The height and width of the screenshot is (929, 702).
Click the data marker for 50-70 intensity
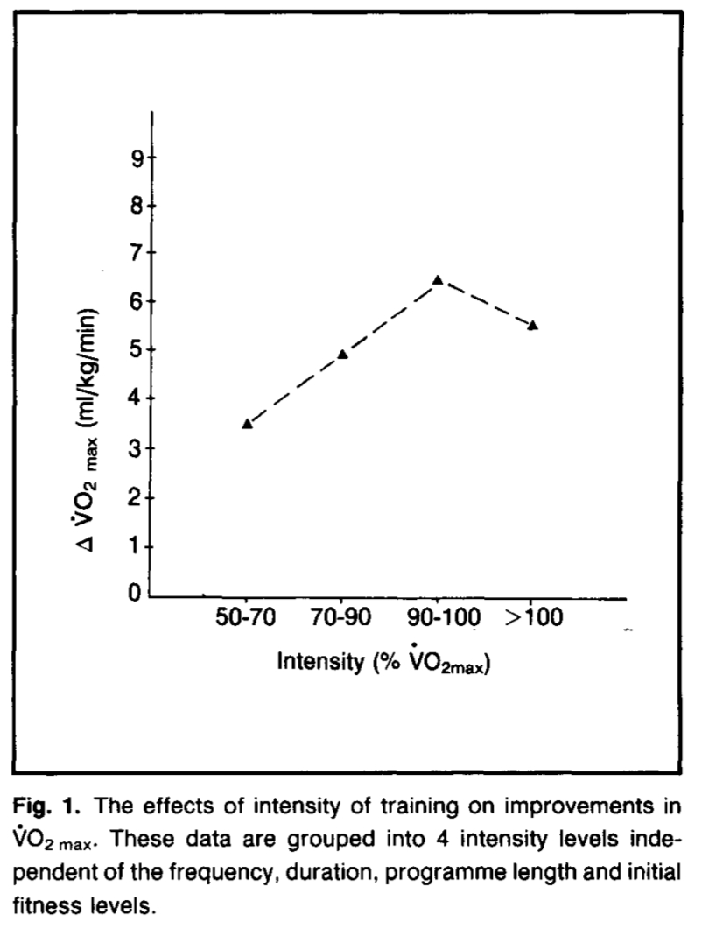tap(248, 424)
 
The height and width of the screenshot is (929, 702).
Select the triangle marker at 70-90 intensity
tap(343, 354)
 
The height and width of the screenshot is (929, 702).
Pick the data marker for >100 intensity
tap(533, 325)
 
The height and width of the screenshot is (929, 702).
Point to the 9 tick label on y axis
tap(137, 158)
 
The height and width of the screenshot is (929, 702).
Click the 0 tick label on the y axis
tap(137, 595)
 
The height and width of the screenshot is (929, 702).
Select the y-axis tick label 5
tap(137, 350)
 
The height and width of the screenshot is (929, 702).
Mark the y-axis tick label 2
tap(137, 497)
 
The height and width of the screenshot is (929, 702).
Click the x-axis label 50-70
tap(247, 621)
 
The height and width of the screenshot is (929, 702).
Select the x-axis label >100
tap(534, 621)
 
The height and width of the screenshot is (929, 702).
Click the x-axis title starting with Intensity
tap(383, 661)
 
